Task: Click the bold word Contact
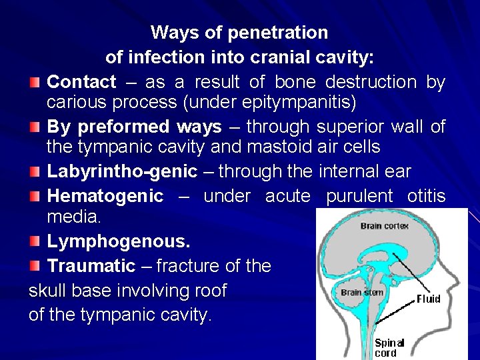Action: (81, 83)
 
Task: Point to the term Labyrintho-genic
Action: (122, 171)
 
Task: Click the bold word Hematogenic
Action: (105, 196)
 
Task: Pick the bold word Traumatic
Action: (91, 267)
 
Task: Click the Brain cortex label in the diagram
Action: (385, 225)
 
